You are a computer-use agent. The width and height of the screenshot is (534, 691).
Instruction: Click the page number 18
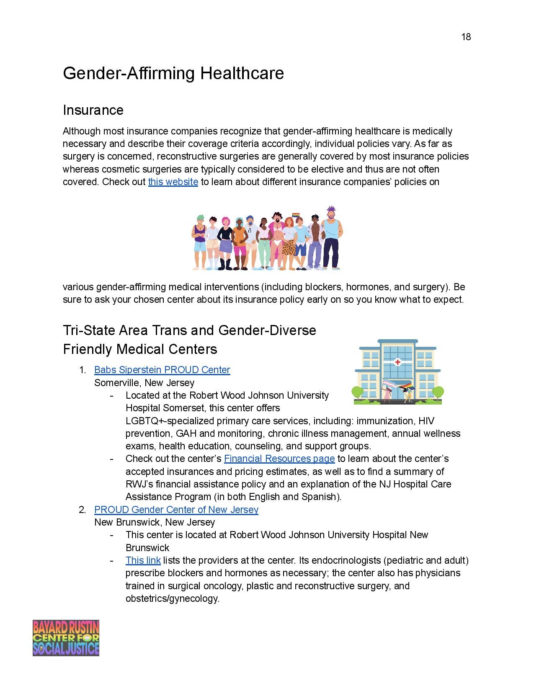(x=466, y=37)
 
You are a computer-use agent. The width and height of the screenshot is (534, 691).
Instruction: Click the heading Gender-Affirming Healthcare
(x=173, y=73)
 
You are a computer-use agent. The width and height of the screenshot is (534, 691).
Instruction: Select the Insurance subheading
(x=93, y=110)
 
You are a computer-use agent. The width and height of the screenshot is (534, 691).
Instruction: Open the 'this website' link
(x=173, y=182)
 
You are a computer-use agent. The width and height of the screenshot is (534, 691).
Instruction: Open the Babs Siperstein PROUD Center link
(x=162, y=370)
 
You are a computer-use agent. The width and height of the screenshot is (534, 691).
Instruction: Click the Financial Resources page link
(x=279, y=459)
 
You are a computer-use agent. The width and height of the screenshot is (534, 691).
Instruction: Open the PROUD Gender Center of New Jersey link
(x=176, y=510)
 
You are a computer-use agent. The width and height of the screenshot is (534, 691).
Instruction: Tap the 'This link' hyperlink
(x=143, y=560)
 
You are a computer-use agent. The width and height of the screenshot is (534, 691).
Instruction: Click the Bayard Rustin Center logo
(x=66, y=638)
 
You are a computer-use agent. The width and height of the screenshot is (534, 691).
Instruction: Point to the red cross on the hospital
(x=397, y=362)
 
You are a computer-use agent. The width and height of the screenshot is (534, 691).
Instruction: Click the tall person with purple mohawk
(x=331, y=239)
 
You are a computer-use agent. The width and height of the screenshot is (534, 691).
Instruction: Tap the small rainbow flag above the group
(x=296, y=216)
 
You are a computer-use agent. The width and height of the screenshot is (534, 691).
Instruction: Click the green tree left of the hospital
(x=357, y=393)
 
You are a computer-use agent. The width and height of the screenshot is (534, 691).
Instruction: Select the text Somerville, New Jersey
(x=144, y=383)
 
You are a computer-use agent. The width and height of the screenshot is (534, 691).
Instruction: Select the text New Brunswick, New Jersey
(x=154, y=522)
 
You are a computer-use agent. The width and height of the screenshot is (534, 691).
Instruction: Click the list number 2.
(x=82, y=510)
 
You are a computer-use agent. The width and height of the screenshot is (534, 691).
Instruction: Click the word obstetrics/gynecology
(x=172, y=598)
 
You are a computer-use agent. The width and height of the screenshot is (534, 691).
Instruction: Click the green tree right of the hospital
(x=437, y=393)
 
